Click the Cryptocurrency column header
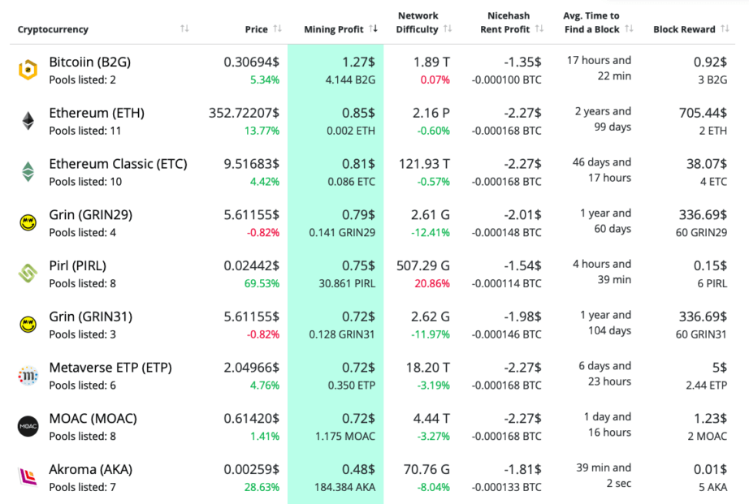pos(53,29)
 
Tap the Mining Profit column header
pos(333,29)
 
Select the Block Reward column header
pos(684,29)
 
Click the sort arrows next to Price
pos(278,29)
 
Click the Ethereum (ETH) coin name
pos(97,113)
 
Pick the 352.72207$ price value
pos(244,113)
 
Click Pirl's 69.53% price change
pos(261,283)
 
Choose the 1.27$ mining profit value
pos(358,62)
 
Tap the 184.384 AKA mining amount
pos(344,487)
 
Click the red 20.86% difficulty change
pos(433,283)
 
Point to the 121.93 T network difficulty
pos(424,164)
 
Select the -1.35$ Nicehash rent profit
pos(522,62)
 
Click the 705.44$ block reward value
pos(703,113)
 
